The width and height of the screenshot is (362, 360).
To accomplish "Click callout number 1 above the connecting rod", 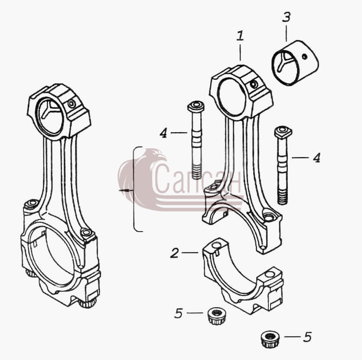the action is coord(240,36).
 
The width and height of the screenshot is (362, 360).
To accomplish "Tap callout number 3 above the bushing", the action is coord(286,17).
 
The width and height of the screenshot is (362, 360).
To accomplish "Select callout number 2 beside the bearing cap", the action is coord(175,253).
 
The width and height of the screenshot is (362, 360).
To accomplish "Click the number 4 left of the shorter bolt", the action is coord(163,133).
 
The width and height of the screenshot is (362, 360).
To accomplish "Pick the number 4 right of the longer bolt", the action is coord(316,158).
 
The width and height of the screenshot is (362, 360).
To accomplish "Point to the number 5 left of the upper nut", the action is coord(179,313).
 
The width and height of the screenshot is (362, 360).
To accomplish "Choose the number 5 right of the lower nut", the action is coord(307,337).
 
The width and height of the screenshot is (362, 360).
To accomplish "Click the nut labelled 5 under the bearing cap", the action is coord(217,316).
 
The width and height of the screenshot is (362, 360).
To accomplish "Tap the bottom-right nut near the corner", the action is coord(271,340).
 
